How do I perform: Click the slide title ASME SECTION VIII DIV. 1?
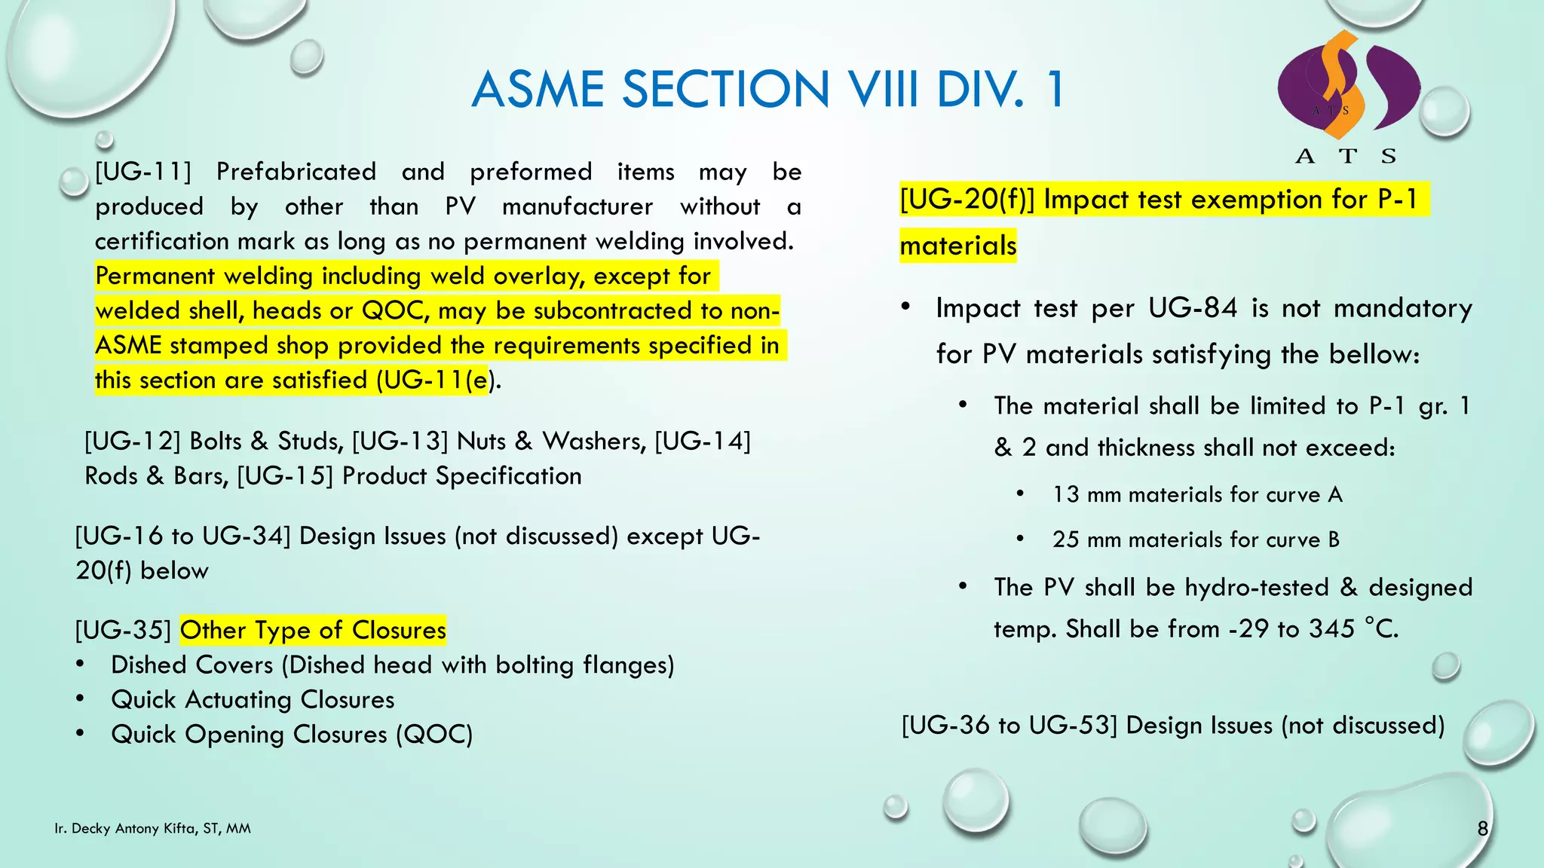pos(767,90)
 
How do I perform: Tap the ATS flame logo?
pos(1348,87)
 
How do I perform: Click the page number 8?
pos(1482,829)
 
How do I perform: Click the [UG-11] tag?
pos(143,172)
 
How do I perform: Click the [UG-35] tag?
pos(124,630)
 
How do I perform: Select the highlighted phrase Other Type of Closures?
pos(313,630)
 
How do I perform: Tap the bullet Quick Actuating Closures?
pos(253,700)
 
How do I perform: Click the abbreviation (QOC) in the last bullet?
pos(434,735)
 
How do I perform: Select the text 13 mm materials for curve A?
pos(1197,495)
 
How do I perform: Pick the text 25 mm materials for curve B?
pos(1196,540)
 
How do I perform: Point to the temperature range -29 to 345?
pos(1291,629)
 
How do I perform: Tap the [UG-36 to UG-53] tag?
pos(1009,726)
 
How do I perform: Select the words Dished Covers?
pos(191,665)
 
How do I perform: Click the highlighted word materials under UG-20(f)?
pos(957,246)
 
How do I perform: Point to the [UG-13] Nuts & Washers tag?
pos(499,442)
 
